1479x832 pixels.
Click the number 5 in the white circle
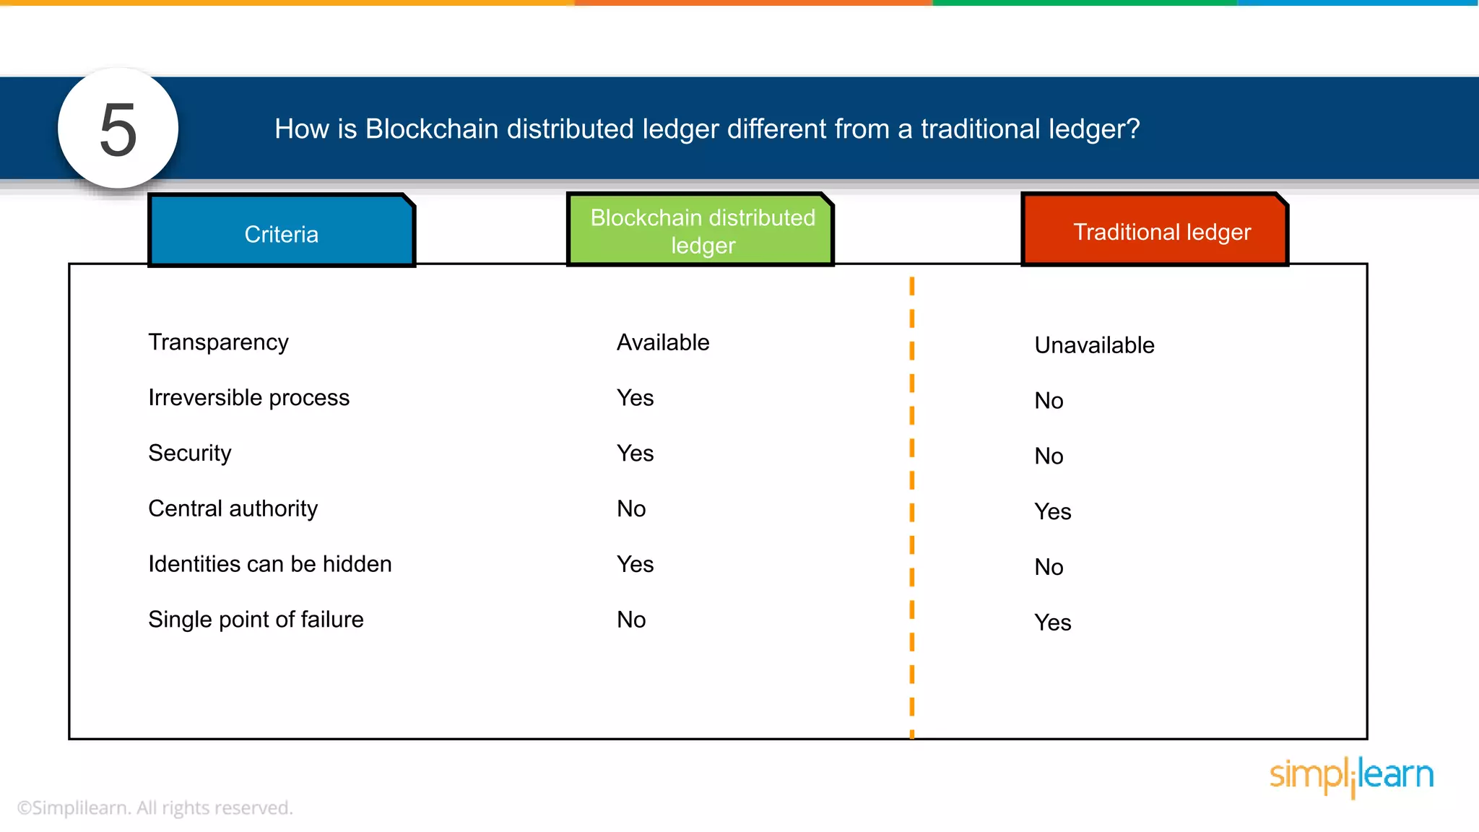pos(118,129)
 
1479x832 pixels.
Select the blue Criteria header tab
pos(282,233)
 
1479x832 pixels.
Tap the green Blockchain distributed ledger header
pos(702,231)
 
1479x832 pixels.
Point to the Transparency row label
pos(218,342)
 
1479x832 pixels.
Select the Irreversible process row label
pos(248,398)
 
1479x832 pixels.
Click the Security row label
pos(190,453)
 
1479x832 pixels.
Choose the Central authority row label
pos(233,508)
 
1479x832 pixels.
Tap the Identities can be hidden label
pos(269,564)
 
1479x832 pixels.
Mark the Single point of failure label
pos(256,620)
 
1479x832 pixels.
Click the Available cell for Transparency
pos(662,342)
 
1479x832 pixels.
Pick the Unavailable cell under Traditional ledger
pos(1093,345)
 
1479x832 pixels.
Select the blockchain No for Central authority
pos(630,508)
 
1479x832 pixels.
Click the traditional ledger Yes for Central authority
pos(1052,512)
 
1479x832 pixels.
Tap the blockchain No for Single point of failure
pos(630,620)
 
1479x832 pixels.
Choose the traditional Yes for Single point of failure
pos(1052,623)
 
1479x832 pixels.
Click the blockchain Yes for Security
pos(635,454)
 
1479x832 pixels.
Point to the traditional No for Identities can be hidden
pos(1049,567)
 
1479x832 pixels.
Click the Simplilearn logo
pos(1351,776)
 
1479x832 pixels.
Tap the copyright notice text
pos(155,807)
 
